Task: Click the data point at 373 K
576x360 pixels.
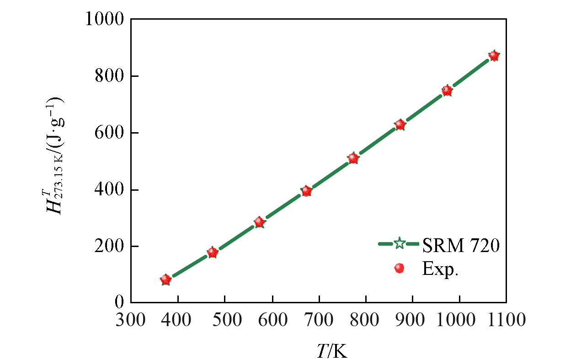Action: coord(165,279)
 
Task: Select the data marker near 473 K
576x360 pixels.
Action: coord(212,252)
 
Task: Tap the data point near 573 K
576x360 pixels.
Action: coord(259,222)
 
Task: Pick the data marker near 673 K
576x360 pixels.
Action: coord(306,191)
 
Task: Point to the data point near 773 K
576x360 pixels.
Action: coord(353,158)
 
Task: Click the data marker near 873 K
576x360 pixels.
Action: coord(400,124)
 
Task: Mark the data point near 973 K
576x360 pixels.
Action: coord(447,91)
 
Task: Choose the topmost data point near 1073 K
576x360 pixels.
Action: coord(493,56)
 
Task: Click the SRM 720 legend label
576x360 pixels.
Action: coord(460,246)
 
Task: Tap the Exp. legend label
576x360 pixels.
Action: coord(440,269)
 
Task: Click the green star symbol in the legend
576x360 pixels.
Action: coord(399,244)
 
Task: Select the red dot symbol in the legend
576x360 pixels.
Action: coord(399,268)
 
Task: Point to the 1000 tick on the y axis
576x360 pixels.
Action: coord(105,20)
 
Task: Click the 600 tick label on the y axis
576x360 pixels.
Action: coord(110,133)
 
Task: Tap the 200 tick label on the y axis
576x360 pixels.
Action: coord(110,247)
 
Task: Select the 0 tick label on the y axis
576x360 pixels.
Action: coord(119,303)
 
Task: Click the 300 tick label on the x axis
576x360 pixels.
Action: coord(131,320)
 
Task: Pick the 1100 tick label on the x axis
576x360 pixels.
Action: coord(506,320)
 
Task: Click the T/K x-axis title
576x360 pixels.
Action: coord(332,351)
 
